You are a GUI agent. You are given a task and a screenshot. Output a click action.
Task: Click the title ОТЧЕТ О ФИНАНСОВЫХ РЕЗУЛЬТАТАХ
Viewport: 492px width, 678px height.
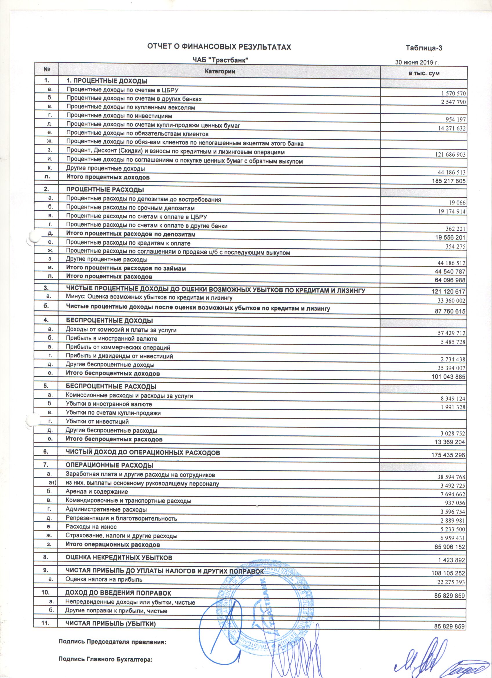click(x=219, y=47)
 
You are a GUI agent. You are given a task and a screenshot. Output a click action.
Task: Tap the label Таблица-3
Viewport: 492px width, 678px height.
click(x=424, y=48)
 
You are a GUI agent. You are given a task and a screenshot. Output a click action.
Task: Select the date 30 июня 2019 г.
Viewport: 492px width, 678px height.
click(x=417, y=62)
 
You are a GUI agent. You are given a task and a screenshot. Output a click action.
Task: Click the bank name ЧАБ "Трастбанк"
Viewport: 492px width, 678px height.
click(x=220, y=60)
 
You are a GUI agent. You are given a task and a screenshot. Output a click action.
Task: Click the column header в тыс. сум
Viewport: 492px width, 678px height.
click(x=424, y=73)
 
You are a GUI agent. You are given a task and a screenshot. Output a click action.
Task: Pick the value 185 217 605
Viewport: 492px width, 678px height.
click(x=449, y=181)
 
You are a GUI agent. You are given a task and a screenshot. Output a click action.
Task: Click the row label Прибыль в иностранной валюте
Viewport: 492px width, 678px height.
click(x=111, y=339)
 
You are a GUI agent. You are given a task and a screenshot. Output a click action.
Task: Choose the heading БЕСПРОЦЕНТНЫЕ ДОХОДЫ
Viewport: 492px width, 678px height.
click(x=109, y=321)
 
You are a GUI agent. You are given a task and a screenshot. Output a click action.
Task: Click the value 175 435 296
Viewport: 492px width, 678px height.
click(x=448, y=455)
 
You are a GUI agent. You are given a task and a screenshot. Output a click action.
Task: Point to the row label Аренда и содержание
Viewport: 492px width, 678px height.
click(x=97, y=491)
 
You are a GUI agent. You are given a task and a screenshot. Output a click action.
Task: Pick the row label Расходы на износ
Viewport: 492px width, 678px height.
click(x=91, y=527)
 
